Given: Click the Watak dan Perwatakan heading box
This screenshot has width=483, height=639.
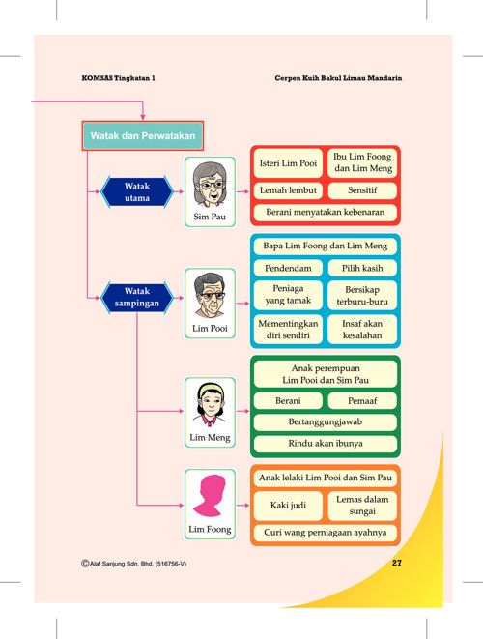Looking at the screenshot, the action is coord(143,135).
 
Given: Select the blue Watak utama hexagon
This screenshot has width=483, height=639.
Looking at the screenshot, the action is coord(137,192).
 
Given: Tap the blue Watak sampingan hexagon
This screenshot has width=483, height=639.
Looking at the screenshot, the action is coord(137,298).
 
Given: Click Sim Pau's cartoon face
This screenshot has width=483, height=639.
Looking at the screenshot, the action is coord(210,185).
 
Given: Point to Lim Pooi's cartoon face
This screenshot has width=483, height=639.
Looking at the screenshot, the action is coord(210,296).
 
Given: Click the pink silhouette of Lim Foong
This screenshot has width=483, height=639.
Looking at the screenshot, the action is coord(210,496).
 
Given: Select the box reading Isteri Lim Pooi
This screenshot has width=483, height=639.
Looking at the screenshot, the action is coord(288,163).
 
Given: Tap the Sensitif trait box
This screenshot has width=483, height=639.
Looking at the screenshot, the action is coord(362,190).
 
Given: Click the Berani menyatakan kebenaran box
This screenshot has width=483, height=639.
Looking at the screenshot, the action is coord(326,212).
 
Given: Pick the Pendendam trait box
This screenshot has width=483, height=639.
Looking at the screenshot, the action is coord(288,268).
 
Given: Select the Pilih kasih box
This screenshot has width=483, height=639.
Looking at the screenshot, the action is coord(362,268).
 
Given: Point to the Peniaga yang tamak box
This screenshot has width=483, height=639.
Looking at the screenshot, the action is coord(288,295).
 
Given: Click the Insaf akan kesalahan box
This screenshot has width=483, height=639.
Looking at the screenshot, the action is coord(362,330).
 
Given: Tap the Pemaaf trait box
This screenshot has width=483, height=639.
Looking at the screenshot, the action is coord(362,400).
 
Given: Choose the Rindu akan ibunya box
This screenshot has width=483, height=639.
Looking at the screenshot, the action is coord(326,444).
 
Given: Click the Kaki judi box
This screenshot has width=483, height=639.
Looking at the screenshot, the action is coord(288,506).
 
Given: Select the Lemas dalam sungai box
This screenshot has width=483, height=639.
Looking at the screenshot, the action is coord(362,506).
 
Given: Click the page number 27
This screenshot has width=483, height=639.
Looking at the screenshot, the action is coord(397,563).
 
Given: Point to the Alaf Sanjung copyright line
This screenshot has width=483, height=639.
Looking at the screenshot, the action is coord(134,564).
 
